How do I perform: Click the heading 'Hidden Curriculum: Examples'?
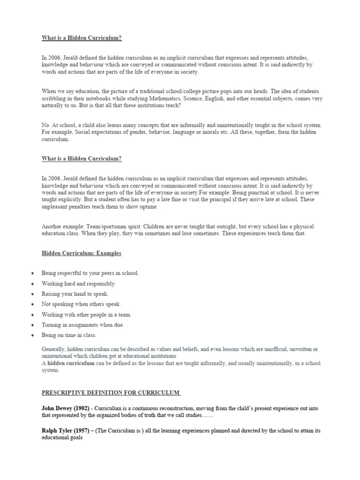tap(81, 254)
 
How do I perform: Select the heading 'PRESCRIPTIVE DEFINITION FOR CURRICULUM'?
tap(111, 392)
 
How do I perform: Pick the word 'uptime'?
tap(147, 207)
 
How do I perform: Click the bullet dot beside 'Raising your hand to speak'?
tap(31, 294)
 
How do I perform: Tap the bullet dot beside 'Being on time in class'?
tap(31, 336)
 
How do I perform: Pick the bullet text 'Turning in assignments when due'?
tap(82, 325)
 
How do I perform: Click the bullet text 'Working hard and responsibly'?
tap(78, 284)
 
